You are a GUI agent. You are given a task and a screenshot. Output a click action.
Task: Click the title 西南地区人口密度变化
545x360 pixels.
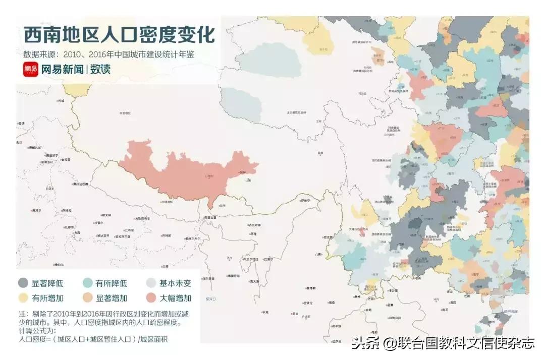[119, 35]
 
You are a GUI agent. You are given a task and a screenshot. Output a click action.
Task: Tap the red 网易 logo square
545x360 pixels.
[30, 70]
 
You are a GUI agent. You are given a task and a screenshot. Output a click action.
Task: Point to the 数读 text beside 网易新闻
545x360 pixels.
[100, 70]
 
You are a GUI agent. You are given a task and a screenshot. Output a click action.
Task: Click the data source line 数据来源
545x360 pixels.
[108, 54]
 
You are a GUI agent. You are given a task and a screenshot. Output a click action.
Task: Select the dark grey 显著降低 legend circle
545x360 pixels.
[23, 283]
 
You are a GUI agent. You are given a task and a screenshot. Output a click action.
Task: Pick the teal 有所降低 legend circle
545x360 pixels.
[87, 283]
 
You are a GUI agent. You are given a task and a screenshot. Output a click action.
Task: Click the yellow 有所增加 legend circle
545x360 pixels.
[23, 298]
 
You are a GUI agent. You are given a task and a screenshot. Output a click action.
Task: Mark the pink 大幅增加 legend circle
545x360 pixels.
[151, 298]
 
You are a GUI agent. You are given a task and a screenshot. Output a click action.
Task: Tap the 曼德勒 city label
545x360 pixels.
[311, 288]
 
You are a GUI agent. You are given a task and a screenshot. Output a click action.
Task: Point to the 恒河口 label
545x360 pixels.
[210, 299]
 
